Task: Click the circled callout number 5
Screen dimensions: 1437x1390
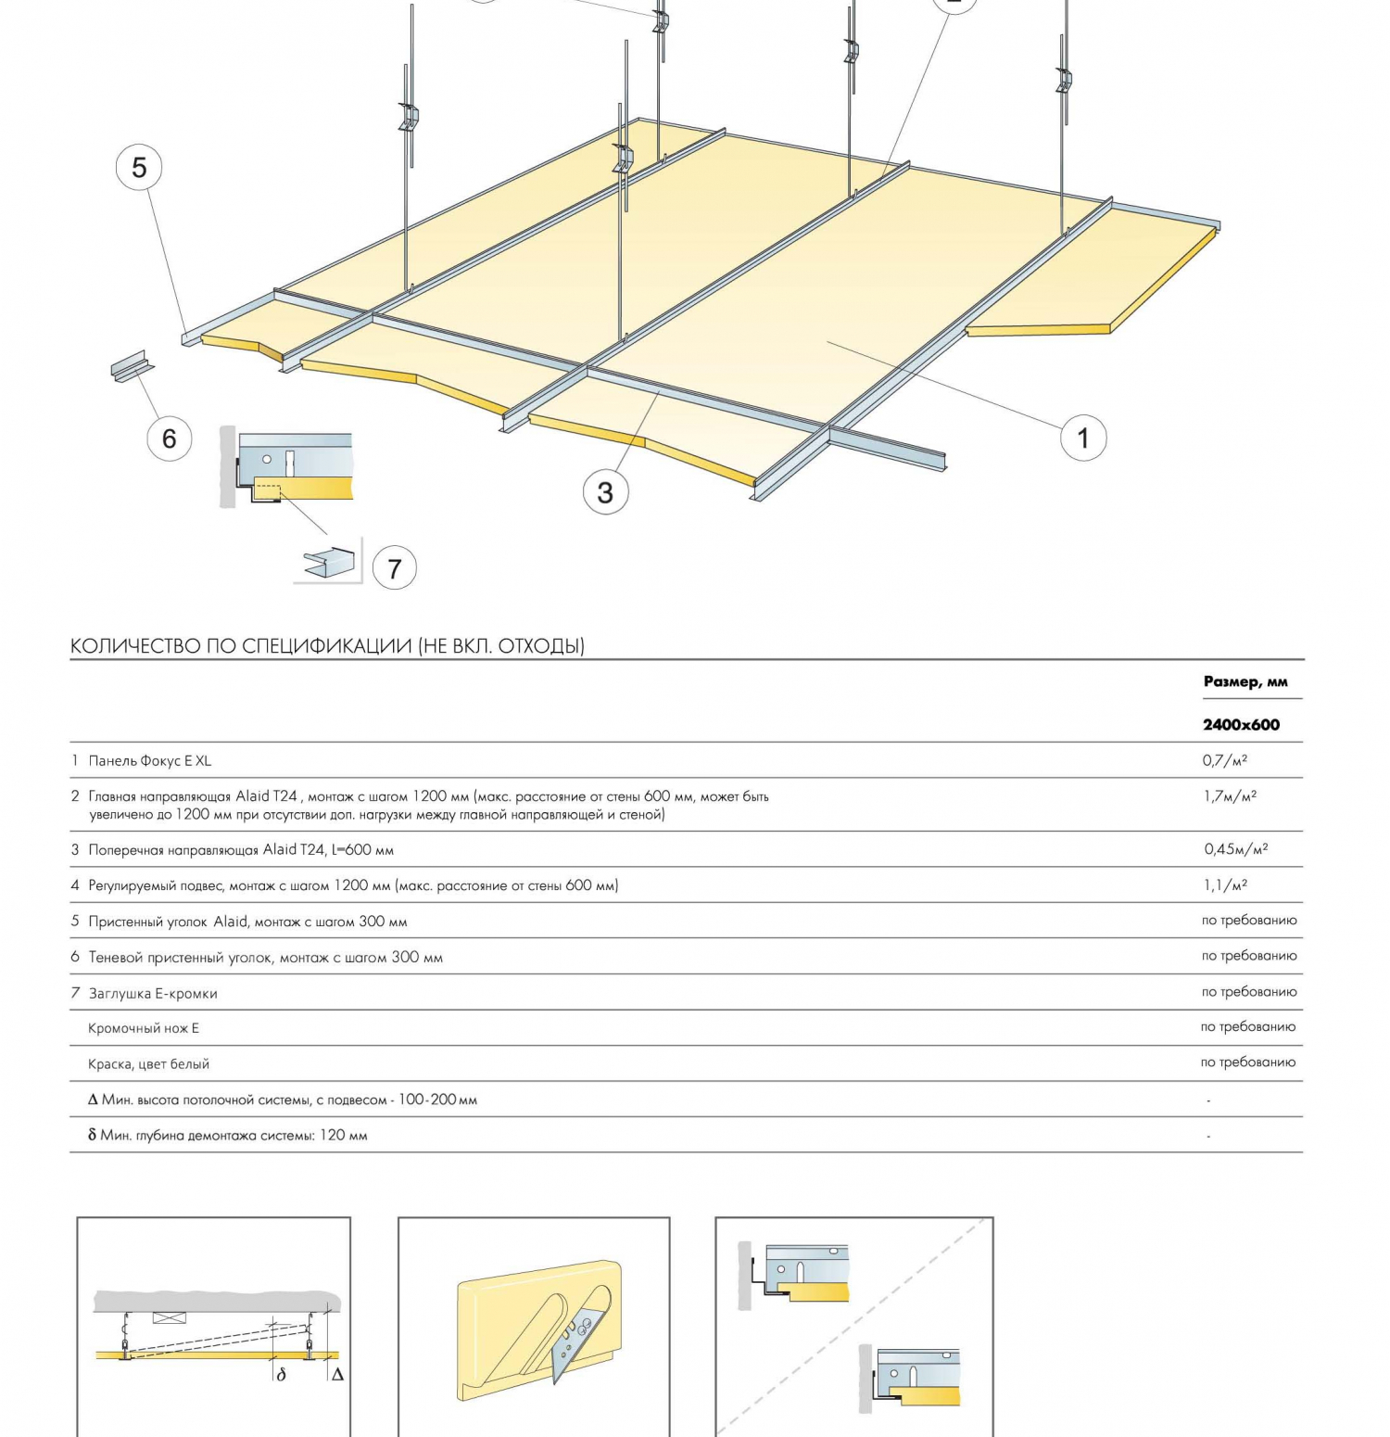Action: (x=139, y=168)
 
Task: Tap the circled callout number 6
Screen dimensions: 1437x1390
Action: (x=169, y=439)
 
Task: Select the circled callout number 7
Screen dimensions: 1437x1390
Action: (x=395, y=568)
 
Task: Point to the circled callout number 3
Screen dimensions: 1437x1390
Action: (x=605, y=492)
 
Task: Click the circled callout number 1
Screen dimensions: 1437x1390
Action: (x=1082, y=438)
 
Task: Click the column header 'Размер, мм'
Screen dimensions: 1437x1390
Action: (x=1245, y=681)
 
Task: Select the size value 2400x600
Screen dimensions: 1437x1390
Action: (x=1241, y=725)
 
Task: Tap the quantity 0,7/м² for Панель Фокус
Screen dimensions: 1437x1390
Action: (x=1224, y=760)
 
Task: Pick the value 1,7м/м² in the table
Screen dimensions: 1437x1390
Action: (x=1230, y=795)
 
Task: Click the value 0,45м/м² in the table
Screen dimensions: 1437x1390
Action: (x=1235, y=849)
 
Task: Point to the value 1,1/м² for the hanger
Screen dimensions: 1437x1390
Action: (x=1225, y=885)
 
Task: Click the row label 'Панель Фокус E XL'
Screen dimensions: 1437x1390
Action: (x=149, y=761)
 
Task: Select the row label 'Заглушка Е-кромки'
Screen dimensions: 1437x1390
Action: (x=153, y=994)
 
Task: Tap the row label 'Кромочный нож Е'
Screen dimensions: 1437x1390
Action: (x=144, y=1028)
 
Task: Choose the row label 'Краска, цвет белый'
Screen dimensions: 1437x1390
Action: (x=148, y=1064)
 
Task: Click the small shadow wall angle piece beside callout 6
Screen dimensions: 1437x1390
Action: (x=132, y=366)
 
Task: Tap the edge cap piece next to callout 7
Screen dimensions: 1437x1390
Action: (x=330, y=563)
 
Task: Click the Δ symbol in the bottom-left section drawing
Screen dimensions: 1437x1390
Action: (x=337, y=1375)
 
